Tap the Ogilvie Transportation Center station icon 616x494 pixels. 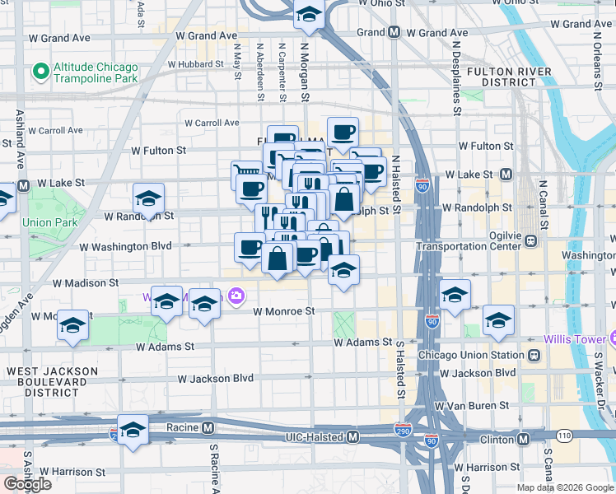[531, 241]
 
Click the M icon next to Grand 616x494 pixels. [394, 33]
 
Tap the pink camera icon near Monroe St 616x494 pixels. [236, 296]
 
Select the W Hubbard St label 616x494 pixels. [195, 63]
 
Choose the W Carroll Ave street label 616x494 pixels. [211, 123]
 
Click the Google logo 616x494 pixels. [27, 484]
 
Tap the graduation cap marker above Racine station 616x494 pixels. [133, 431]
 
